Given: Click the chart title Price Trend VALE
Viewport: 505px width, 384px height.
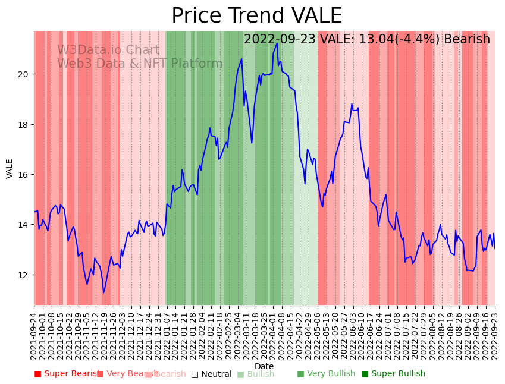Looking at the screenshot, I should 256,16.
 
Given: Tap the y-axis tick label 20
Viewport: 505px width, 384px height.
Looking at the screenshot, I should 24,74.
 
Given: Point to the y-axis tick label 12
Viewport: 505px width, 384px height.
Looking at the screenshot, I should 24,275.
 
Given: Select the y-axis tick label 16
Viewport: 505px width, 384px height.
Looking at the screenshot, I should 24,175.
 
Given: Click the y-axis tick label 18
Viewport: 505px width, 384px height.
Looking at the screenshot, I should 24,125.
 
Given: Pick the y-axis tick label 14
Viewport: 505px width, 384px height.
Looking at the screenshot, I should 24,225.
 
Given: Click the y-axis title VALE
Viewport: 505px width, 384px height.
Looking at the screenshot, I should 10,168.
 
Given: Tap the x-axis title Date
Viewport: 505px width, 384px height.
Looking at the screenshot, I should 264,367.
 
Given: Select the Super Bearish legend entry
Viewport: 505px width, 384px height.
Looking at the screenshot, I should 67,374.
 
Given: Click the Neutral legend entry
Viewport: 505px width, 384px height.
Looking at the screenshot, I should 211,374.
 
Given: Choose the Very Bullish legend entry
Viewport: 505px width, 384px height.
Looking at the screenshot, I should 326,374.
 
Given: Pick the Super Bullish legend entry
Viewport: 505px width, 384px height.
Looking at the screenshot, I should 393,374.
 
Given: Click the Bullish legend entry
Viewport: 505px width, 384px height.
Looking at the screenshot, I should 256,374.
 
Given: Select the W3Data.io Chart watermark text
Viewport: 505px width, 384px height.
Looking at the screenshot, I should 108,51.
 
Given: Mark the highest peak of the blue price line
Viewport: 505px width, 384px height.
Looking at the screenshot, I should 277,43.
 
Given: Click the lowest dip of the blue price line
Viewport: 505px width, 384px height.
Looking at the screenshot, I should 103,292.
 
